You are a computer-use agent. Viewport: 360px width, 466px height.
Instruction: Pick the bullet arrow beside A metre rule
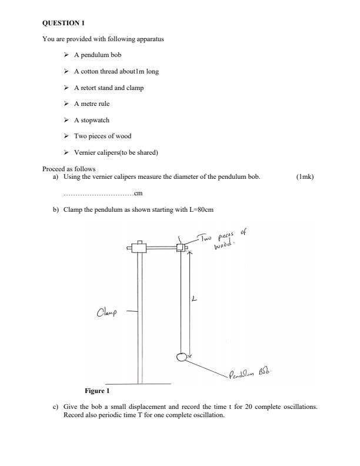[65, 104]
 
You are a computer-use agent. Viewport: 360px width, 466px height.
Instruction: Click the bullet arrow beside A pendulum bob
[65, 55]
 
